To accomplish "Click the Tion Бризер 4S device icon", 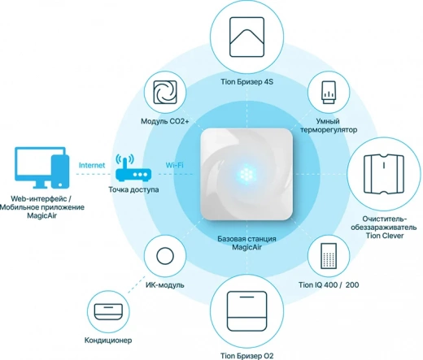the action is pos(246,37).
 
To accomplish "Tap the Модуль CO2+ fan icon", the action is pos(165,93).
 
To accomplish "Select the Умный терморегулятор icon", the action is pos(329,93).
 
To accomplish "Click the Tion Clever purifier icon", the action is pos(384,174).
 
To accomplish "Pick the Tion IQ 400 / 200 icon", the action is pos(329,256).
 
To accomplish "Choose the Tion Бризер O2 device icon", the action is pos(247,311).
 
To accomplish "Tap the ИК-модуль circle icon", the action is pos(165,256).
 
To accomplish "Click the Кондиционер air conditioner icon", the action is pos(108,311).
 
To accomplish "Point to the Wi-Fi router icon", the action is pos(133,167).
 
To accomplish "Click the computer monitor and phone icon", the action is pos(42,167).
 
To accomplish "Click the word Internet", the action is pos(92,165).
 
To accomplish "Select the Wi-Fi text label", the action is pos(174,165).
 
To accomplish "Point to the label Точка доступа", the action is pos(133,189).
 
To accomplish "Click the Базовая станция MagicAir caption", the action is pos(246,243).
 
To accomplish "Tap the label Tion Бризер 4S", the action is pos(246,82).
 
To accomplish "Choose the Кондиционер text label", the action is pos(108,340).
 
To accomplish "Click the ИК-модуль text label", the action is pos(165,285).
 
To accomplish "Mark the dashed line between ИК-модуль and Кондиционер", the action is pos(136,284).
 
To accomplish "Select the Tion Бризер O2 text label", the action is pos(246,356).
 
